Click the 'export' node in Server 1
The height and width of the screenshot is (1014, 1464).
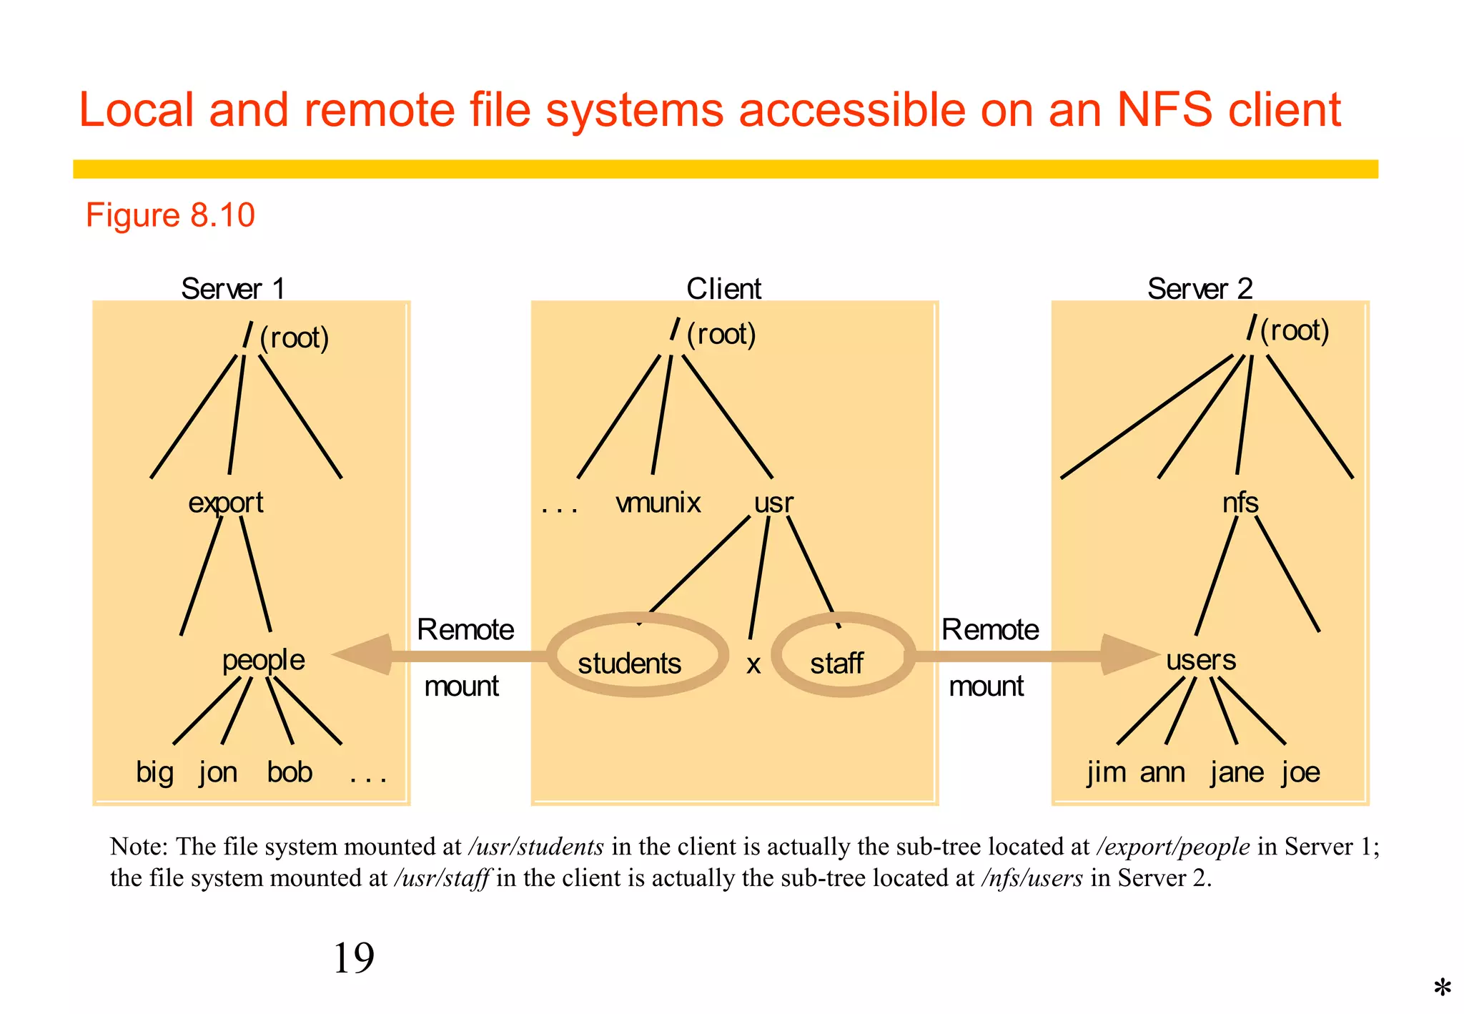click(x=226, y=503)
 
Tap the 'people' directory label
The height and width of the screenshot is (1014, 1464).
click(x=263, y=660)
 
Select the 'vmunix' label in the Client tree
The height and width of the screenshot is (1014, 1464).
click(x=658, y=503)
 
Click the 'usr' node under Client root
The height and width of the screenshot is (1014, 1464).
click(x=773, y=503)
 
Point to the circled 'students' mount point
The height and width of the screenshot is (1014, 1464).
click(x=630, y=663)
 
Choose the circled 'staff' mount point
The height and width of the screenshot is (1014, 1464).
click(x=837, y=663)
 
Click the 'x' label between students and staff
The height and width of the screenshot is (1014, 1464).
click(x=753, y=665)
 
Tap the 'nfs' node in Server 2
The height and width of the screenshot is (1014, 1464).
click(x=1240, y=503)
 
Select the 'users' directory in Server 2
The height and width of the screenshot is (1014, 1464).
click(x=1201, y=659)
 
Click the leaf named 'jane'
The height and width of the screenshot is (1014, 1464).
click(x=1237, y=773)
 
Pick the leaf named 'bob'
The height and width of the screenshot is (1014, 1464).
click(x=290, y=772)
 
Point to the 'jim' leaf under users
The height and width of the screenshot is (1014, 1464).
click(x=1106, y=773)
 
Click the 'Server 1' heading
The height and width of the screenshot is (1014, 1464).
click(x=233, y=289)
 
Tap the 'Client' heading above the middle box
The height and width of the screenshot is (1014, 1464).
click(x=724, y=289)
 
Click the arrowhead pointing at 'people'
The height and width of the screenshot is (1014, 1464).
click(x=365, y=655)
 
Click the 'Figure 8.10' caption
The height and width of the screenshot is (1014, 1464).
click(x=170, y=215)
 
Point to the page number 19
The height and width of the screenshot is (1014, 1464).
click(x=354, y=958)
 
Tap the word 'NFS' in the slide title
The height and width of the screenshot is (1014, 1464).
click(x=1164, y=110)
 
